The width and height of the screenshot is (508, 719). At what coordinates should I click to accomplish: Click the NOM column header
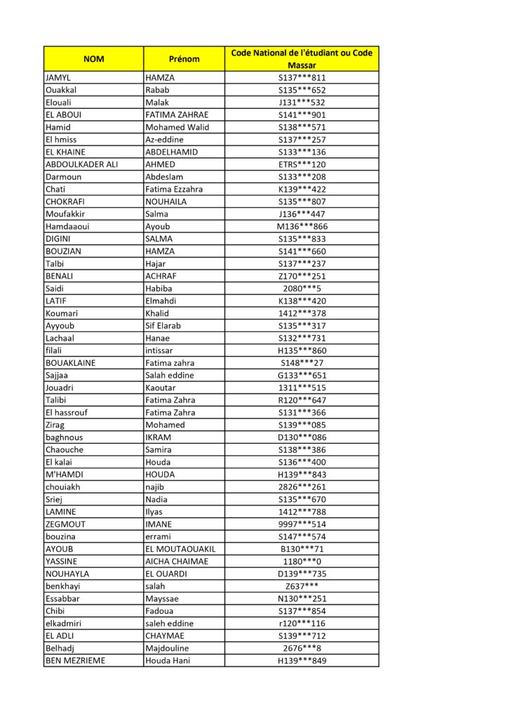[x=93, y=59]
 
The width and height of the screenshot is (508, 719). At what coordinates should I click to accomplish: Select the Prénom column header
[x=184, y=59]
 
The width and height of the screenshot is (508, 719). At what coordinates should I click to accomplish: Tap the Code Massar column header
[x=302, y=59]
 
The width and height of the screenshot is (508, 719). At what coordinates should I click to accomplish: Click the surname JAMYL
[x=58, y=78]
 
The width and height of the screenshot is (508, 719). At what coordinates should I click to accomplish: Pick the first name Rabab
[x=157, y=90]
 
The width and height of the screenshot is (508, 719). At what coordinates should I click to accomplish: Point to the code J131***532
[x=302, y=103]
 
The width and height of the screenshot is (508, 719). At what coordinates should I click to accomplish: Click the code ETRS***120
[x=302, y=164]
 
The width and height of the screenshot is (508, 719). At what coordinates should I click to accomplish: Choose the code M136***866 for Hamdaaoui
[x=302, y=226]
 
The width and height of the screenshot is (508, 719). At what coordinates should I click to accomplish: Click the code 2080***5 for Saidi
[x=302, y=289]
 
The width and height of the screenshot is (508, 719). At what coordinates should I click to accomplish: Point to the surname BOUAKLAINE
[x=70, y=363]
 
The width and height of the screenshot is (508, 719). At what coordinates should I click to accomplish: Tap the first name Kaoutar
[x=161, y=388]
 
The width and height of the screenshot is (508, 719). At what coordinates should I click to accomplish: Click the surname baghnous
[x=64, y=437]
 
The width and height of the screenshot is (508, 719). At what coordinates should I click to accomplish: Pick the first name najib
[x=155, y=487]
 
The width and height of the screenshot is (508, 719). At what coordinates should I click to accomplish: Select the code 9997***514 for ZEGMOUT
[x=302, y=524]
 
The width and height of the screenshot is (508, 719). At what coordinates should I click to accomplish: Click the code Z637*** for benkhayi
[x=302, y=586]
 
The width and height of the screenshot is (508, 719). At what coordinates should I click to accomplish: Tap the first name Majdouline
[x=167, y=648]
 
